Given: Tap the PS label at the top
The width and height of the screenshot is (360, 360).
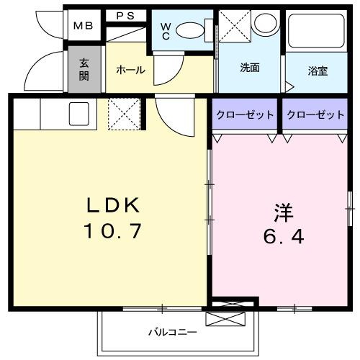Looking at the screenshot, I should (126, 14).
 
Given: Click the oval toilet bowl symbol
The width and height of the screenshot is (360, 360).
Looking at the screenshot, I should (192, 30).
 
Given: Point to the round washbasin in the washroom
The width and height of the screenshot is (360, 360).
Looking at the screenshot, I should (263, 23).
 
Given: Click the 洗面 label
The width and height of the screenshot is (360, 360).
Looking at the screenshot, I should (250, 68).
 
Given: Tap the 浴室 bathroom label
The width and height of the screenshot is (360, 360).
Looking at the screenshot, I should (318, 71).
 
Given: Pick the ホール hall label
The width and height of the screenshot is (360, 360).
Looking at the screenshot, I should (130, 70).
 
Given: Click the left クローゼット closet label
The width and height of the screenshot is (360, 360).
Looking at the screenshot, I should (244, 115).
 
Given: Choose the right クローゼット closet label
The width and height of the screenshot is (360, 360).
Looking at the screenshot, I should (313, 115).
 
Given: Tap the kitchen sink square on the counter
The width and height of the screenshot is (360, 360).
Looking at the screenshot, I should (78, 113).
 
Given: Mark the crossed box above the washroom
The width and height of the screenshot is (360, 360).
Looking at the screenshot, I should (234, 23).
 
